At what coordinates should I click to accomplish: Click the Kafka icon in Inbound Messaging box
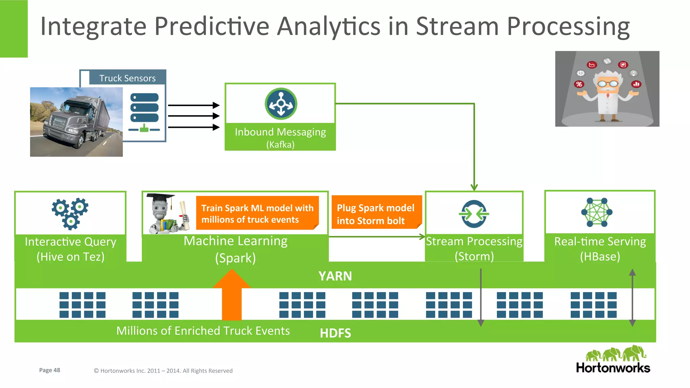click(281, 104)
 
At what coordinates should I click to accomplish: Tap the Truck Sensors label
click(127, 78)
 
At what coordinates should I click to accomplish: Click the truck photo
click(76, 122)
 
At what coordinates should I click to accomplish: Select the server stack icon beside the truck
click(144, 112)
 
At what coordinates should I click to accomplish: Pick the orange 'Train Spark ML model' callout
click(257, 213)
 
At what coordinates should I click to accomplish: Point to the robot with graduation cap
click(166, 214)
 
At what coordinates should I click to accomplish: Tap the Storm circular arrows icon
click(474, 214)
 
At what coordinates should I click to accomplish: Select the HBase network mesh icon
click(597, 212)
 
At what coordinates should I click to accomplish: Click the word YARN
click(335, 276)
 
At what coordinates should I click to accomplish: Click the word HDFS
click(335, 333)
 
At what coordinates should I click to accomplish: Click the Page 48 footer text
click(50, 370)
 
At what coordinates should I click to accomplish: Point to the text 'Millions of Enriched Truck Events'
click(203, 331)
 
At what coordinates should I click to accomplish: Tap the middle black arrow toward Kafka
click(194, 116)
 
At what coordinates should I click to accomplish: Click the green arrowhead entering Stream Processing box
click(474, 187)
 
